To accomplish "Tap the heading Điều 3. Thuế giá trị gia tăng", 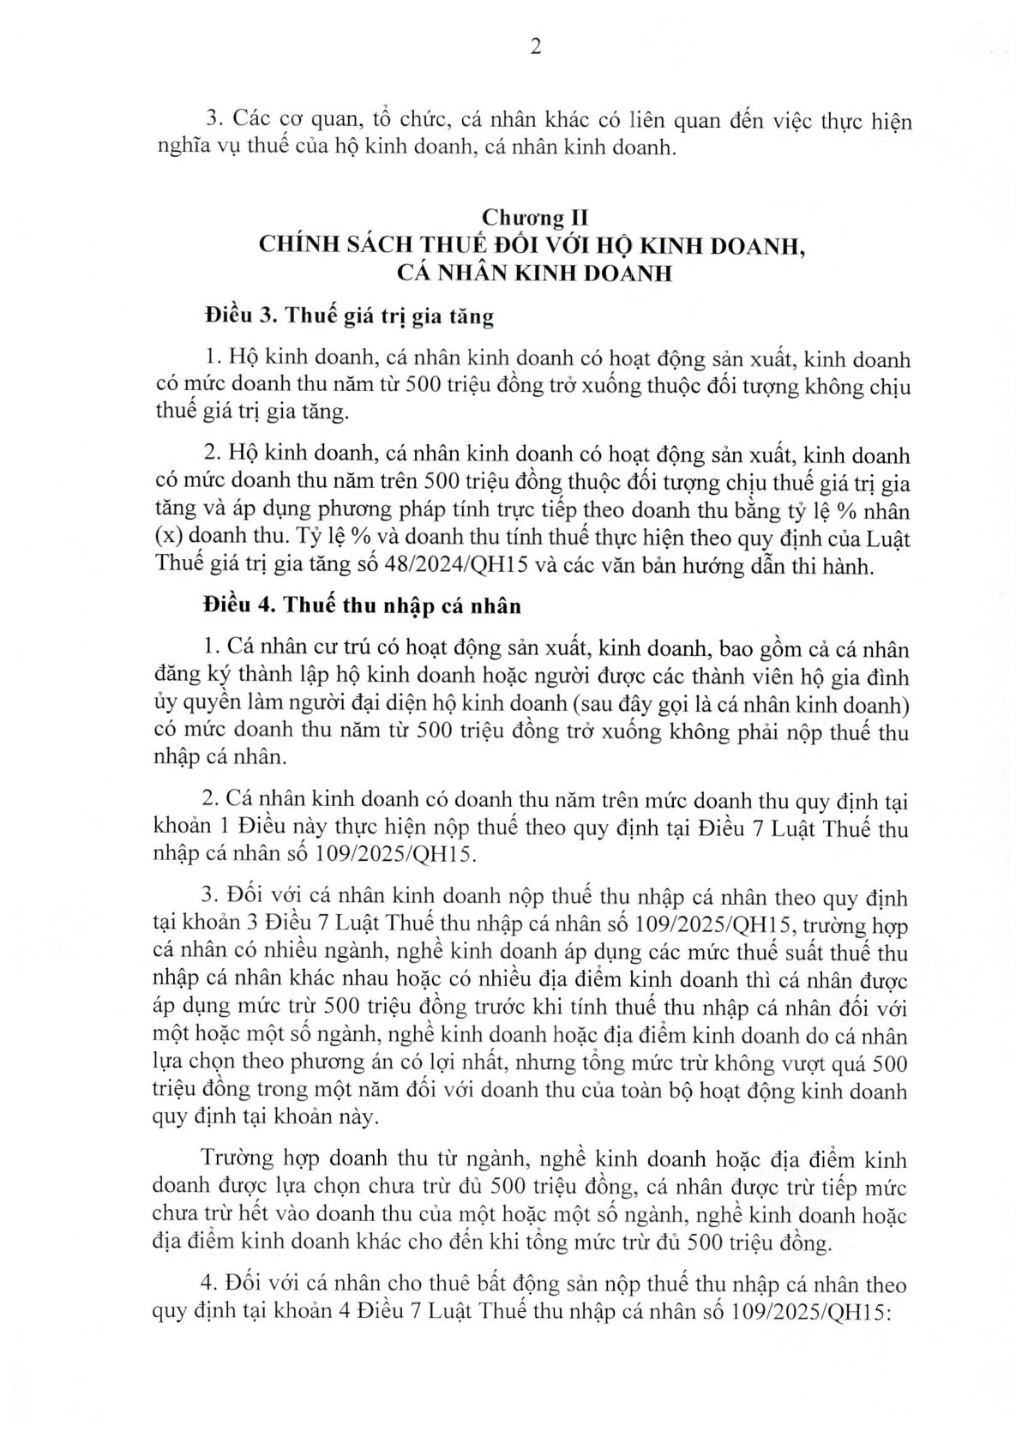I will [349, 316].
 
